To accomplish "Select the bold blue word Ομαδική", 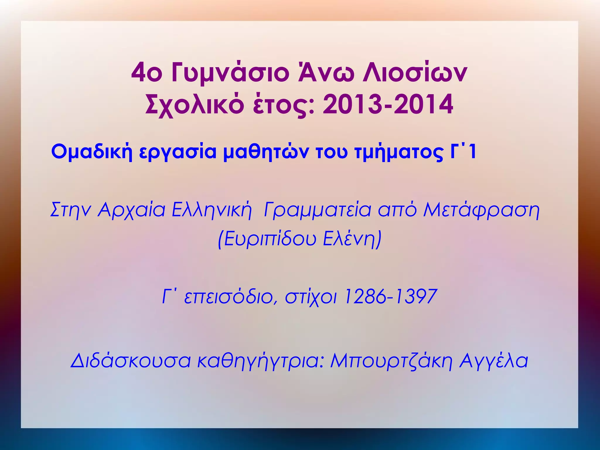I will tap(92, 152).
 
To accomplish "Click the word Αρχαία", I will tap(132, 210).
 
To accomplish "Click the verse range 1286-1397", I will tap(390, 296).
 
